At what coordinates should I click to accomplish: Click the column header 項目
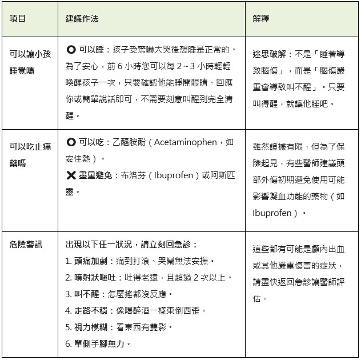[18, 18]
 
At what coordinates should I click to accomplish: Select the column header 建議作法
[82, 18]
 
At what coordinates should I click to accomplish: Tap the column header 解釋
[261, 18]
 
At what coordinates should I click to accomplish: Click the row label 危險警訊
[26, 244]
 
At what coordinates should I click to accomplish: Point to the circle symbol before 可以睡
[71, 50]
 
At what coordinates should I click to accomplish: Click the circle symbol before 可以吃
[71, 142]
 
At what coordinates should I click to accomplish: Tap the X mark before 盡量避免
[71, 175]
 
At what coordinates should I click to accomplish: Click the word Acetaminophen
[182, 142]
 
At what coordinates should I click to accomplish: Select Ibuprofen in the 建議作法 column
[170, 175]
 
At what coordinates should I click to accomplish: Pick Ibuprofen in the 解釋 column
[271, 213]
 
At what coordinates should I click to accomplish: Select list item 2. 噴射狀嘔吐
[97, 277]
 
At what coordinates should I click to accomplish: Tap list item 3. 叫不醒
[86, 294]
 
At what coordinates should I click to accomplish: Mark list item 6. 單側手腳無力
[98, 343]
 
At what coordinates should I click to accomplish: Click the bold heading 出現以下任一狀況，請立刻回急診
[131, 244]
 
